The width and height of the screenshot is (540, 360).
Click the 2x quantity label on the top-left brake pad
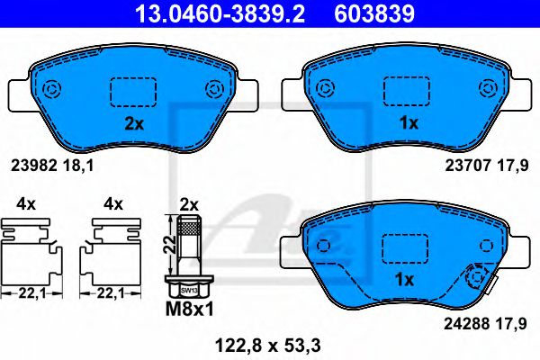pos(133,125)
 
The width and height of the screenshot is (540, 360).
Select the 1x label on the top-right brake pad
pos(407,125)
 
